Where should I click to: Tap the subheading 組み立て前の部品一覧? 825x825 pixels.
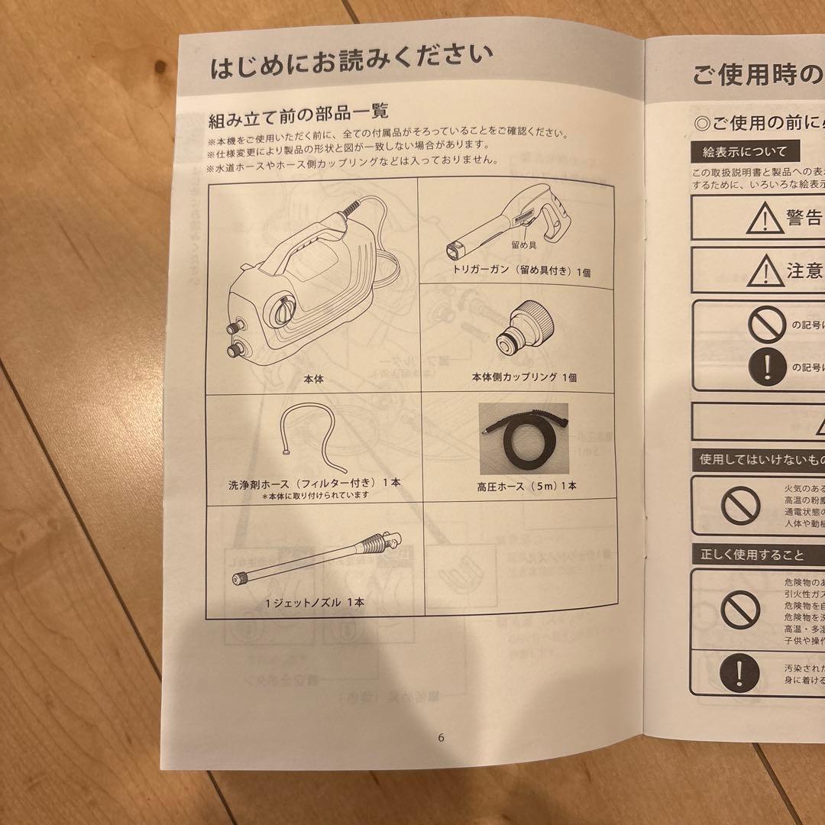click(299, 119)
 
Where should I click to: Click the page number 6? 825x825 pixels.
click(441, 737)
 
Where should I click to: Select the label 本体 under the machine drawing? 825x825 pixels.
click(313, 378)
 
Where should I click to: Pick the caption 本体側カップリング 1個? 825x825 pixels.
click(524, 377)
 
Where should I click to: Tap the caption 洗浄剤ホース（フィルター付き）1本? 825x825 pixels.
click(314, 483)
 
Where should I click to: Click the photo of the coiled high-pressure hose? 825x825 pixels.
click(523, 440)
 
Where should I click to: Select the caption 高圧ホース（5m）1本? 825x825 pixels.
click(526, 485)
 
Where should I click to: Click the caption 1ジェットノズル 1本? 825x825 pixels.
click(314, 602)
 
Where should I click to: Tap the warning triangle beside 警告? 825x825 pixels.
click(760, 220)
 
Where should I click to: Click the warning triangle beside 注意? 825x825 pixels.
click(760, 270)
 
